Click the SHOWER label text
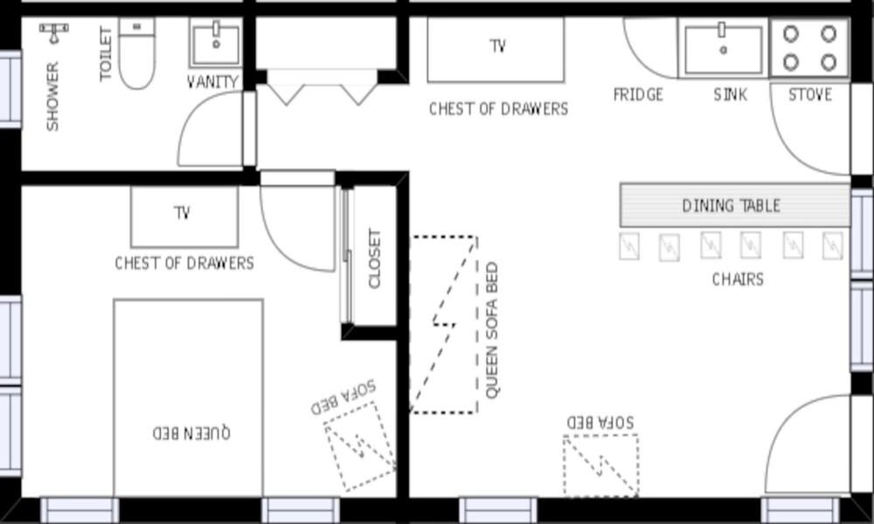point(52,97)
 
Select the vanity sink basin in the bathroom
point(216,44)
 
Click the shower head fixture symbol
point(54,32)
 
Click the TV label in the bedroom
point(183,213)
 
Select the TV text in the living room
point(498,45)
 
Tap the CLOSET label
point(375,259)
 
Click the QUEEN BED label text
point(191,432)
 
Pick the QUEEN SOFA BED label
point(491,331)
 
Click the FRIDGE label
point(638,94)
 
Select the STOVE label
point(810,94)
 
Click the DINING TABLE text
point(732,206)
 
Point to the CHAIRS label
point(738,279)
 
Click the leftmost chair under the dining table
point(629,246)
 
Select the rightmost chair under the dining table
point(833,245)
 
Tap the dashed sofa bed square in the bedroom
point(360,447)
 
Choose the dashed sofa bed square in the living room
point(601,465)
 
